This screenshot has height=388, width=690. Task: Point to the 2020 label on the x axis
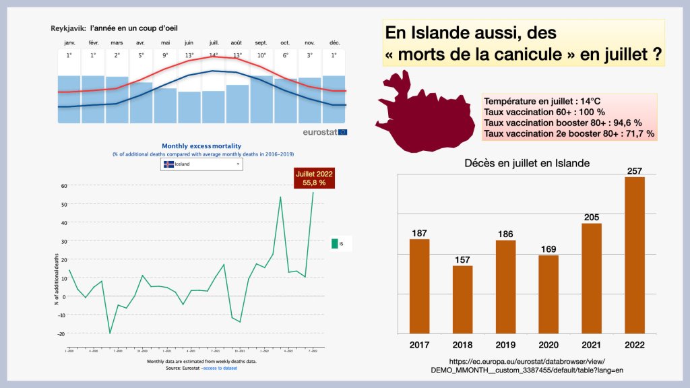pyautogui.click(x=548, y=345)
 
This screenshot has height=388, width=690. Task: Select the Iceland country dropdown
pyautogui.click(x=201, y=164)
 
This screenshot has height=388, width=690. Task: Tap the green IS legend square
pyautogui.click(x=334, y=243)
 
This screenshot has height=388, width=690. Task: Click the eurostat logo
pyautogui.click(x=325, y=132)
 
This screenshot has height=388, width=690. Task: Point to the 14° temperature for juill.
pyautogui.click(x=213, y=55)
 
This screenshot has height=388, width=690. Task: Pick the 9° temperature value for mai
pyautogui.click(x=164, y=55)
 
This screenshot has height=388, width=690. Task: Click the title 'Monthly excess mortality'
pyautogui.click(x=201, y=145)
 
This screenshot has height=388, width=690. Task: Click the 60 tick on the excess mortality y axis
pyautogui.click(x=63, y=185)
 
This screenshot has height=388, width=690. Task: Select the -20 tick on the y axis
pyautogui.click(x=62, y=333)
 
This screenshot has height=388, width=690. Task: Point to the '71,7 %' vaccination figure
pyautogui.click(x=639, y=134)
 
